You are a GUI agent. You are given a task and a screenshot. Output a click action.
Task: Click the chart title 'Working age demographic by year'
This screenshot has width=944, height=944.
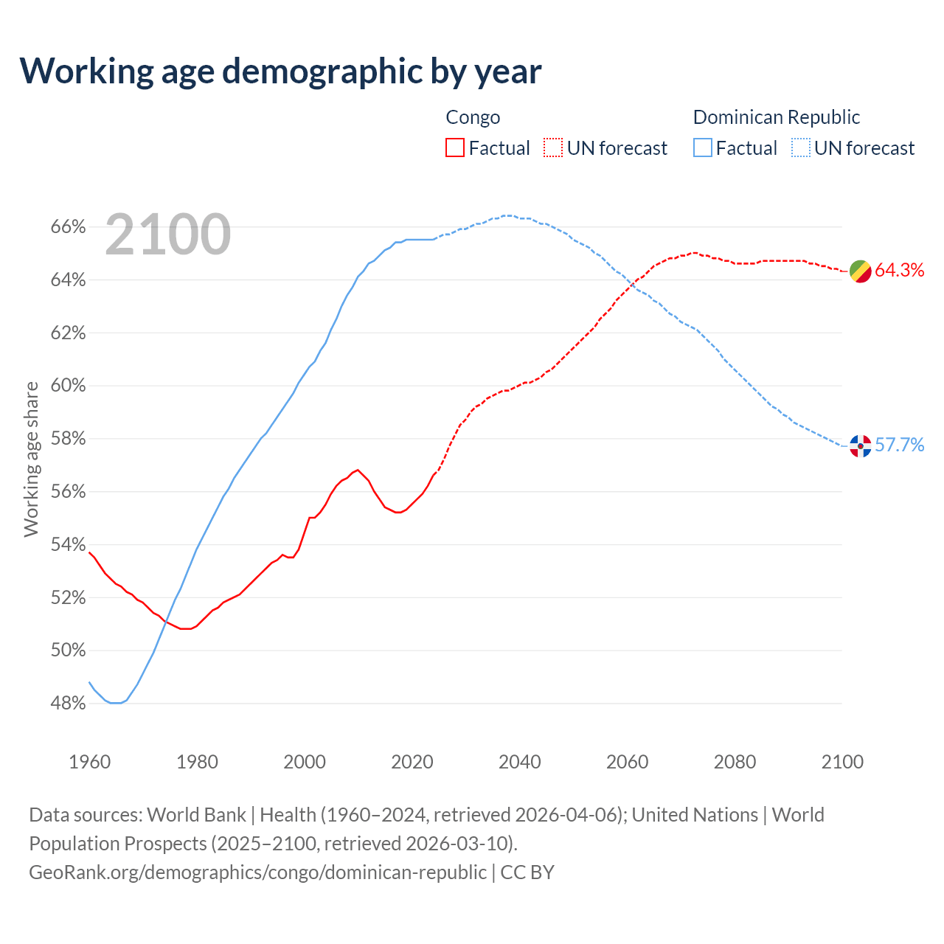[x=280, y=71]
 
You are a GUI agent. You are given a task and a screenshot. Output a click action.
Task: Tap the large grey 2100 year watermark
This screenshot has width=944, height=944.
[x=168, y=235]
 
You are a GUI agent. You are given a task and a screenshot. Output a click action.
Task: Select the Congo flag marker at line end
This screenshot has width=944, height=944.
[x=860, y=271]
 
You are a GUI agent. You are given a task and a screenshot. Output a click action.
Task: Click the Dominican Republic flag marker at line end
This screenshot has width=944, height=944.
[x=860, y=445]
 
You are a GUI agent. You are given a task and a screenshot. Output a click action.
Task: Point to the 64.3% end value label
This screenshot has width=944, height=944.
[x=900, y=271]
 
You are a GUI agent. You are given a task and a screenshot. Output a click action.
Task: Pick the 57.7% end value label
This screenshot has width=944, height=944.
[x=900, y=445]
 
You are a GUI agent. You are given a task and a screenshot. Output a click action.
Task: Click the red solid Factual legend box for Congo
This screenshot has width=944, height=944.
[x=455, y=148]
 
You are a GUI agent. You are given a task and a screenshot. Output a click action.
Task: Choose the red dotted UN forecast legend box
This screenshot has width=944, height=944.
[x=553, y=148]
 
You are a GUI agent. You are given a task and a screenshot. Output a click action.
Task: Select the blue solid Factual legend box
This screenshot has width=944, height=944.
[x=703, y=148]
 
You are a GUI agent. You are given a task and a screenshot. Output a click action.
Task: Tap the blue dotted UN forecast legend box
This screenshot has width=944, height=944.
[x=801, y=148]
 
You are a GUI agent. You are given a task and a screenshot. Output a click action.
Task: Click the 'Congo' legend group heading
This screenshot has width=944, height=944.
[x=473, y=117]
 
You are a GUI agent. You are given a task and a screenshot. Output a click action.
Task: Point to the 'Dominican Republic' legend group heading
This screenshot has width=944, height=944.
[x=777, y=117]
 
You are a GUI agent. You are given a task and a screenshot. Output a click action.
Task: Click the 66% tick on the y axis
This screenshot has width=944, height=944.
[x=69, y=227]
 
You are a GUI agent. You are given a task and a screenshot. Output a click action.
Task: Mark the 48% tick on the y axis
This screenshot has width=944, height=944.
[x=69, y=704]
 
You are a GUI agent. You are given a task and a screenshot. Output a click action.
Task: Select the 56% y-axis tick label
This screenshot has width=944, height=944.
[x=69, y=492]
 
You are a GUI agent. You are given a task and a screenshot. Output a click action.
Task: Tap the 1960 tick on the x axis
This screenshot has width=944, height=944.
[x=90, y=762]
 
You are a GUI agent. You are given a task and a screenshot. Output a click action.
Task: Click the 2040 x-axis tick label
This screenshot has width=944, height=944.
[x=520, y=762]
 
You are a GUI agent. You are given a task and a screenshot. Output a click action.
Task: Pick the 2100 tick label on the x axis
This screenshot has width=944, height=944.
[x=842, y=762]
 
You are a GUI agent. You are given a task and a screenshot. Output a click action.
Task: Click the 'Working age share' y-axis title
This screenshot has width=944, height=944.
[x=31, y=459]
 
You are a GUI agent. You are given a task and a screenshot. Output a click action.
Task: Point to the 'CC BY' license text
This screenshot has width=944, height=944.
[x=527, y=872]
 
